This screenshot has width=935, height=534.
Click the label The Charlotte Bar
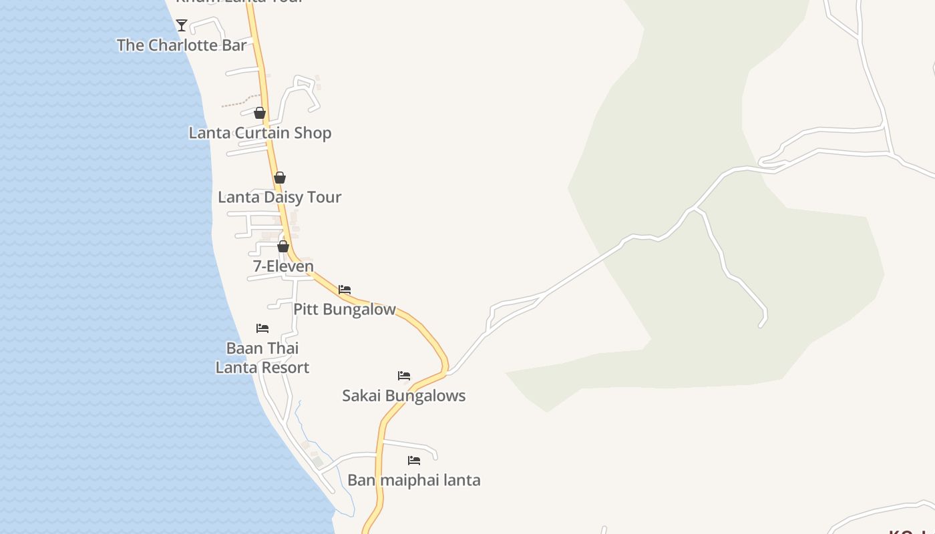point(182,45)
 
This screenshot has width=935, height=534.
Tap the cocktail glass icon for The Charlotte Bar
point(182,25)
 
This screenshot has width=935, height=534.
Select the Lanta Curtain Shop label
point(260,133)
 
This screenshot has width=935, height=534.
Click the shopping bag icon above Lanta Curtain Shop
point(260,113)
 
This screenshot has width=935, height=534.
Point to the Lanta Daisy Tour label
point(279,197)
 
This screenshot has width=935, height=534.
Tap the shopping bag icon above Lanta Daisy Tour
point(280,178)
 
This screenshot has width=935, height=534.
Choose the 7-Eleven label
point(283,266)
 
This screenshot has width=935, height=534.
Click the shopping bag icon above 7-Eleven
point(283,246)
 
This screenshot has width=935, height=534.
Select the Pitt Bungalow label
point(345,309)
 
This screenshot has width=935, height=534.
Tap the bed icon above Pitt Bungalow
point(345,290)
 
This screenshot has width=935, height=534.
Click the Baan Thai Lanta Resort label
point(262,358)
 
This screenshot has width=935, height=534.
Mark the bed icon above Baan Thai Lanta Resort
point(262,328)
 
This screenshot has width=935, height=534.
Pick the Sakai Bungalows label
point(403,396)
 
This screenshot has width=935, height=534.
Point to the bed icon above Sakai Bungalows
point(404,376)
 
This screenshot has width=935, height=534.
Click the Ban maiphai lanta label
point(414,480)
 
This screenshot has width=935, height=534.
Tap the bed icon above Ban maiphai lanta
point(414,461)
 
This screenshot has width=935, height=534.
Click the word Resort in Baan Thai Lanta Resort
point(285,368)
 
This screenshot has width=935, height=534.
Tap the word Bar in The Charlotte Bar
point(234,45)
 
